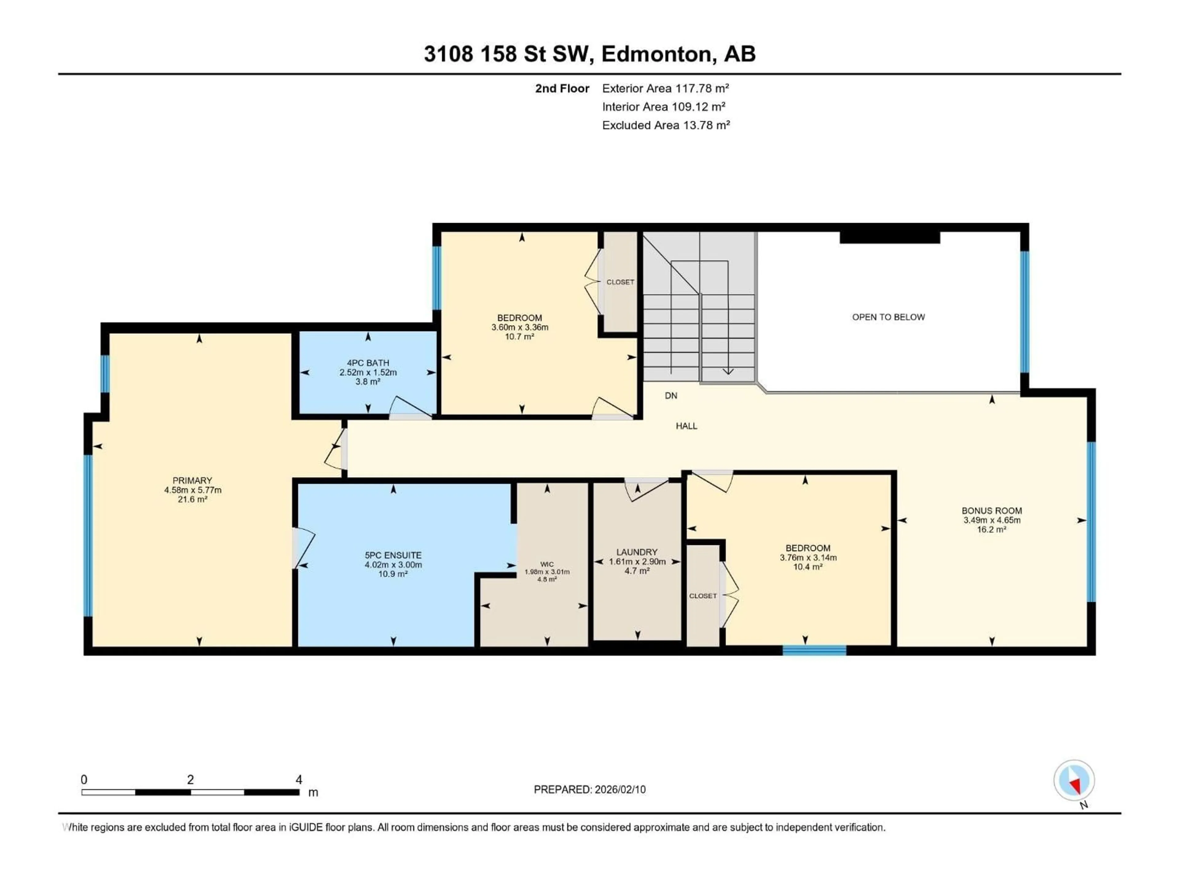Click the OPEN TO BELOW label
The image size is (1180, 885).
(888, 317)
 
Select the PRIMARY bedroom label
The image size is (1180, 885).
(192, 480)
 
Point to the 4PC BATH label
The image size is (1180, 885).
(368, 363)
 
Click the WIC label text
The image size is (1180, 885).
(547, 564)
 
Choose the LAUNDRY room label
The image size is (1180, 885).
(637, 552)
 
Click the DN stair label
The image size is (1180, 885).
(671, 395)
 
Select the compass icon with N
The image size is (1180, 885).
(1074, 781)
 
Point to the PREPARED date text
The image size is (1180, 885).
(589, 789)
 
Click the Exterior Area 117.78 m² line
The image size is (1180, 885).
(665, 88)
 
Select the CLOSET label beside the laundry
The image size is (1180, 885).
(702, 596)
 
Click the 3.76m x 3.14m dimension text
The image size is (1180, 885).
(808, 557)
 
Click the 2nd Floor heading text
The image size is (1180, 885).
(562, 88)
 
